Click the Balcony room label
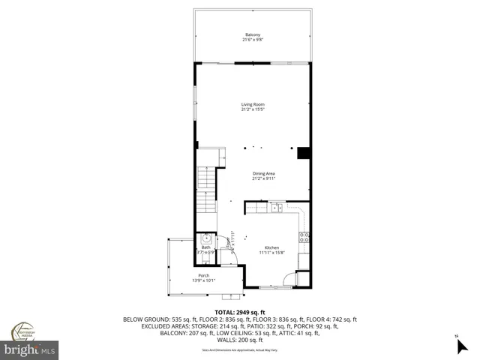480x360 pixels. [253, 34]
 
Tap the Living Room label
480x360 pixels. [253, 104]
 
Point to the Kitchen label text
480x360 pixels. [271, 247]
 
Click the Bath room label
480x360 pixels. [205, 247]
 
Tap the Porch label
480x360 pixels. [205, 276]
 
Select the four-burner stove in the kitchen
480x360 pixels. [304, 238]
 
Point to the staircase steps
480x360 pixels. [205, 190]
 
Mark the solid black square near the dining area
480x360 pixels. [304, 154]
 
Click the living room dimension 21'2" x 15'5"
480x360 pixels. [253, 109]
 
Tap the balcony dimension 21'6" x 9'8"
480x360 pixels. [253, 40]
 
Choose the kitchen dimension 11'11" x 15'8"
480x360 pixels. [271, 253]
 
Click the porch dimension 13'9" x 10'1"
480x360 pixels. [205, 281]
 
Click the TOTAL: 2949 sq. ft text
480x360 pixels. [239, 312]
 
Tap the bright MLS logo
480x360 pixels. [30, 349]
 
